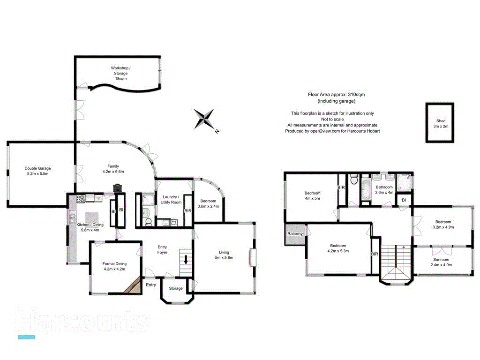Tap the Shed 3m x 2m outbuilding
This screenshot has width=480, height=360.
pyautogui.click(x=440, y=123)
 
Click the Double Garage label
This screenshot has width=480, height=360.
pyautogui.click(x=37, y=171)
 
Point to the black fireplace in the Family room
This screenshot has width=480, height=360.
pyautogui.click(x=117, y=188)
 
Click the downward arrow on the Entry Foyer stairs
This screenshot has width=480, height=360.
pyautogui.click(x=186, y=259)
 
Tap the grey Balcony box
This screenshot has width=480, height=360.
pyautogui.click(x=294, y=234)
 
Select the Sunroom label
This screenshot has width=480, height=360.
pyautogui.click(x=441, y=262)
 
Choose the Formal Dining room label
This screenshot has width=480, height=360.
pyautogui.click(x=115, y=266)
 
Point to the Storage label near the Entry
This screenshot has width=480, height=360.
pyautogui.click(x=176, y=288)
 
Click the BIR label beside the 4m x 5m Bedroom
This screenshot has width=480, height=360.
pyautogui.click(x=341, y=188)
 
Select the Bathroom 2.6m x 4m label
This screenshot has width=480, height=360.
pyautogui.click(x=384, y=190)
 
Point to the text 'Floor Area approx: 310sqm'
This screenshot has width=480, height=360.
pyautogui.click(x=336, y=95)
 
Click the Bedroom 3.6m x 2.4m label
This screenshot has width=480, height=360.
pyautogui.click(x=207, y=203)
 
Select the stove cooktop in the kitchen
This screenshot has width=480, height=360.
pyautogui.click(x=80, y=198)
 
